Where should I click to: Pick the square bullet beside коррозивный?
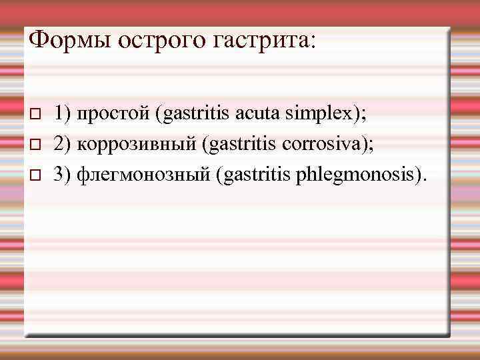click(x=37, y=145)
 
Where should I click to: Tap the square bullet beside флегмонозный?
click(x=37, y=175)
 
